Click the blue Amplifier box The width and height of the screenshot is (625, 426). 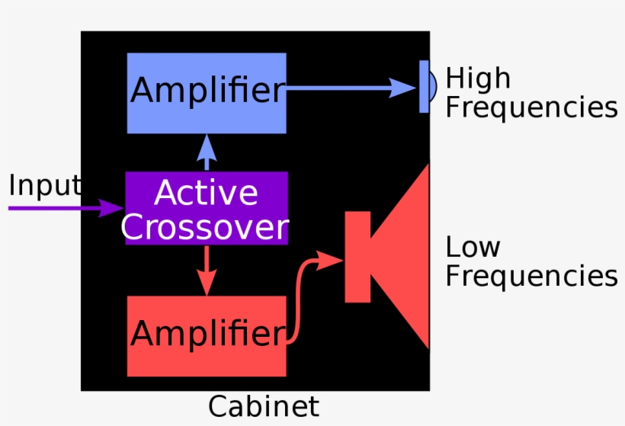pyautogui.click(x=207, y=92)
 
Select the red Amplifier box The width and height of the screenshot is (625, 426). pyautogui.click(x=207, y=336)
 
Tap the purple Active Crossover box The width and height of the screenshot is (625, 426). pyautogui.click(x=207, y=208)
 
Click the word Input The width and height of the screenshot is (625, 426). pyautogui.click(x=44, y=185)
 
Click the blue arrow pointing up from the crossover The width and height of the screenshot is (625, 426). pyautogui.click(x=207, y=152)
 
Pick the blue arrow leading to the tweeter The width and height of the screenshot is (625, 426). pyautogui.click(x=351, y=88)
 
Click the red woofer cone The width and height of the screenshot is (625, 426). pyautogui.click(x=404, y=256)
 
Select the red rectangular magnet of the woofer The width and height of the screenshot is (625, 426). pyautogui.click(x=357, y=256)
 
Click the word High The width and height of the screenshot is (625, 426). pyautogui.click(x=478, y=78)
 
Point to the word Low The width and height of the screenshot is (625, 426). pyautogui.click(x=473, y=248)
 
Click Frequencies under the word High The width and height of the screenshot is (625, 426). pyautogui.click(x=531, y=107)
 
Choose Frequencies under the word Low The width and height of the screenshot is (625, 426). pyautogui.click(x=531, y=276)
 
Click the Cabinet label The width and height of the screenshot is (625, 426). pyautogui.click(x=264, y=406)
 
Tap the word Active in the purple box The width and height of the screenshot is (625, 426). pyautogui.click(x=207, y=194)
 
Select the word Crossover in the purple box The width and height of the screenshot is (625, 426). pyautogui.click(x=205, y=226)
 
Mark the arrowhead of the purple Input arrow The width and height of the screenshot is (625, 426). pyautogui.click(x=114, y=207)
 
